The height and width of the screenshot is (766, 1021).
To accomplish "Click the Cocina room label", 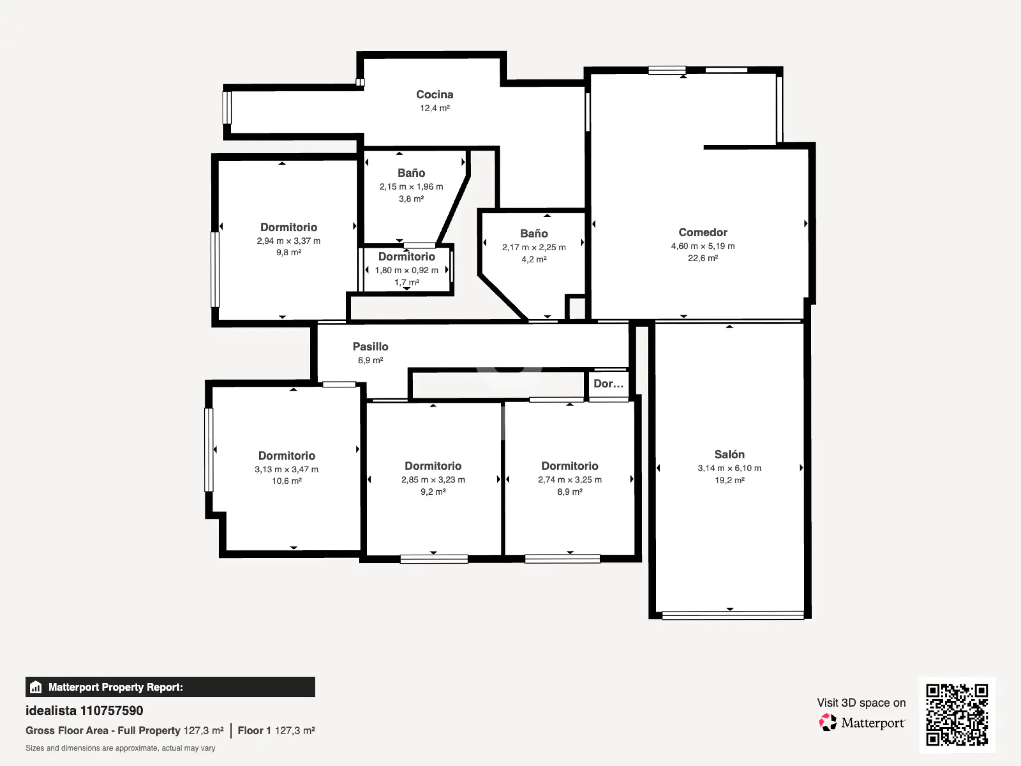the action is click(434, 95).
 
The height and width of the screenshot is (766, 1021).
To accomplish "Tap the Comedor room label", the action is click(702, 232).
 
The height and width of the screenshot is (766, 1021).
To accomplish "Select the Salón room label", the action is click(729, 454).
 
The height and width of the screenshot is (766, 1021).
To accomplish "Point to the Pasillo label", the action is click(370, 346).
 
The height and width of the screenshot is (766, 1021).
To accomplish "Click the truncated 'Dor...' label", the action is click(608, 384).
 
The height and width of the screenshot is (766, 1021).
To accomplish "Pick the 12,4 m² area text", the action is click(434, 108).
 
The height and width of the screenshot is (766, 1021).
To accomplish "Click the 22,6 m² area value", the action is click(702, 258).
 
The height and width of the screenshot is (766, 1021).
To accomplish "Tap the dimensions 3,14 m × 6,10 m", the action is click(729, 468).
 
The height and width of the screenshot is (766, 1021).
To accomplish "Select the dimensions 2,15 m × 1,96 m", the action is click(411, 187).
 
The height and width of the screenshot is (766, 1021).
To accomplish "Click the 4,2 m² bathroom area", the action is click(534, 259).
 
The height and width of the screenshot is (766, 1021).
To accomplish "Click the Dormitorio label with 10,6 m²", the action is click(286, 456).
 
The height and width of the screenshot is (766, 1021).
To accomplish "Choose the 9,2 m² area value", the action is click(433, 492).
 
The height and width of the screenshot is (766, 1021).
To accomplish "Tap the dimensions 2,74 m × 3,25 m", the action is click(570, 480).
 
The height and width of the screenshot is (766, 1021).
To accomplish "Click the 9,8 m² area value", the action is click(288, 253).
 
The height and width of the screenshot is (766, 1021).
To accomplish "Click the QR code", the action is click(957, 715).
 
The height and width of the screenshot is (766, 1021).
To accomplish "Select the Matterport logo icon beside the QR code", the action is click(828, 722).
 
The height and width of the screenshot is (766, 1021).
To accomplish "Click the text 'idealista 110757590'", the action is click(84, 711).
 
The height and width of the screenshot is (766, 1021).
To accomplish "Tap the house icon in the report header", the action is click(35, 687).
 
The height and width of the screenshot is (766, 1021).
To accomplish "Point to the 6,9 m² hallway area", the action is click(370, 360).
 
